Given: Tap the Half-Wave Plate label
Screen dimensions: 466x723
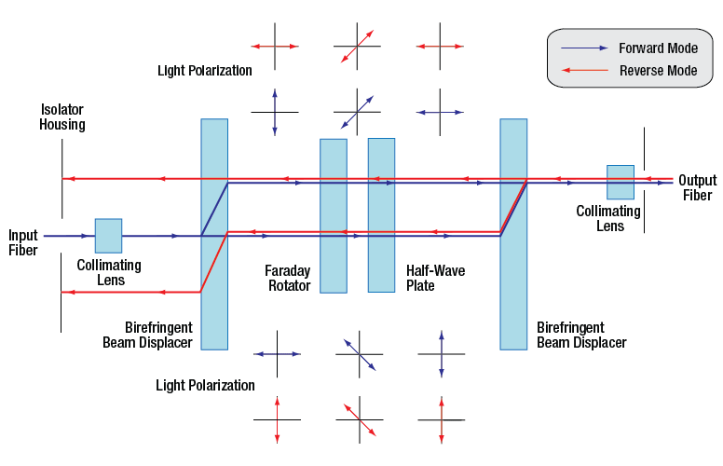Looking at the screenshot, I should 435,278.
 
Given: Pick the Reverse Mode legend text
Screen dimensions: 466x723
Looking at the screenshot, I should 658,70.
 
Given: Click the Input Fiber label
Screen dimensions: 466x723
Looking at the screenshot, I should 23,242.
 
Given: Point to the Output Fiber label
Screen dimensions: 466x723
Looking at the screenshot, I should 697,187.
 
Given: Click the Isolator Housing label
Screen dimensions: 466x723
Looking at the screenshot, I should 62,116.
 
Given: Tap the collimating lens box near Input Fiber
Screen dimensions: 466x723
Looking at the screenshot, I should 108,235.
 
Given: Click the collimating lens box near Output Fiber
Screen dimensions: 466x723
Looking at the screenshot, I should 621,182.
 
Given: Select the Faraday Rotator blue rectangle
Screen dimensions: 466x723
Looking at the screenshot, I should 334,215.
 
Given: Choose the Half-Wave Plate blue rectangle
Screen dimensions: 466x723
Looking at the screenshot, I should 381,214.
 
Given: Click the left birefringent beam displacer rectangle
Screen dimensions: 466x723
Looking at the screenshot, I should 214,233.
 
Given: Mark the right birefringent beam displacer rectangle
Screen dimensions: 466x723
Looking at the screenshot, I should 513,233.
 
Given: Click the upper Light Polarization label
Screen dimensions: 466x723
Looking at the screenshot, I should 205,71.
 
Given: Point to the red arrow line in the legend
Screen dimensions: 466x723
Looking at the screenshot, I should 582,70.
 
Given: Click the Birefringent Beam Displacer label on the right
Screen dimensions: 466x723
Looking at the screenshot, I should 581,336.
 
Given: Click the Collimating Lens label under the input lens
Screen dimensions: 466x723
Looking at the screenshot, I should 109,272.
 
